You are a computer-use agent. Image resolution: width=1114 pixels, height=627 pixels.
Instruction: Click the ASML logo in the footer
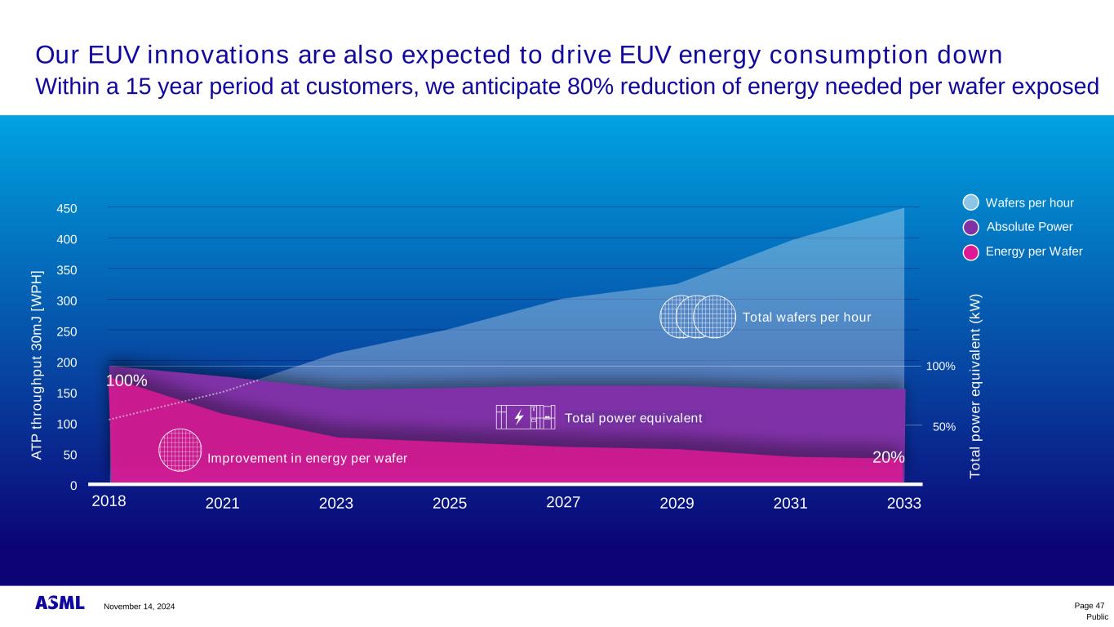60,603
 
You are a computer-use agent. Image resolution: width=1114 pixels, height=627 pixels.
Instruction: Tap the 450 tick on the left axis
67,209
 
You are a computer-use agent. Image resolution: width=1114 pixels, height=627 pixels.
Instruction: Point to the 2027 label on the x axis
563,501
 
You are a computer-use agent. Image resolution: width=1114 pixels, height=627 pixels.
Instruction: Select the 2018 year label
109,501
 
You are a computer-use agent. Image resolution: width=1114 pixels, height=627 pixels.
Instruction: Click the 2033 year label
903,504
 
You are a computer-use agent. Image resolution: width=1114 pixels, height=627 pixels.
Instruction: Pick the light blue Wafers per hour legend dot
970,202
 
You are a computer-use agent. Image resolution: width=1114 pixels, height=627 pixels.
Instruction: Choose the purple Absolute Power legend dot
970,227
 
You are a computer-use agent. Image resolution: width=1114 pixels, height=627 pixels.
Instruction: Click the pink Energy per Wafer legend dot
970,252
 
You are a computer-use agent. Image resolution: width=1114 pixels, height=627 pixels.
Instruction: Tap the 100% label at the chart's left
126,381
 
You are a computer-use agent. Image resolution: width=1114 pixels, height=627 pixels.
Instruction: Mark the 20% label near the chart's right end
889,457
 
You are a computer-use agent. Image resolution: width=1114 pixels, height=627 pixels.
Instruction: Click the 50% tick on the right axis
943,427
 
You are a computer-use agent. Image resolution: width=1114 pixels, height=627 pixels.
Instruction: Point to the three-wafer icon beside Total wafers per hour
696,317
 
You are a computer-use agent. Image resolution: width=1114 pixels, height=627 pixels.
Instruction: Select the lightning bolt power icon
519,417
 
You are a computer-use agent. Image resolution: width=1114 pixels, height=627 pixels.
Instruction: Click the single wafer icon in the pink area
180,450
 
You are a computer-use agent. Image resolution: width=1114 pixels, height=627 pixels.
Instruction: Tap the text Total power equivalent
633,418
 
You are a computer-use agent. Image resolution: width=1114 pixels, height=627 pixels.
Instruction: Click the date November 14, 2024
139,607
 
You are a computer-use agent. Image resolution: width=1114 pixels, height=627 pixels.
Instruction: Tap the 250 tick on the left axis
67,332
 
